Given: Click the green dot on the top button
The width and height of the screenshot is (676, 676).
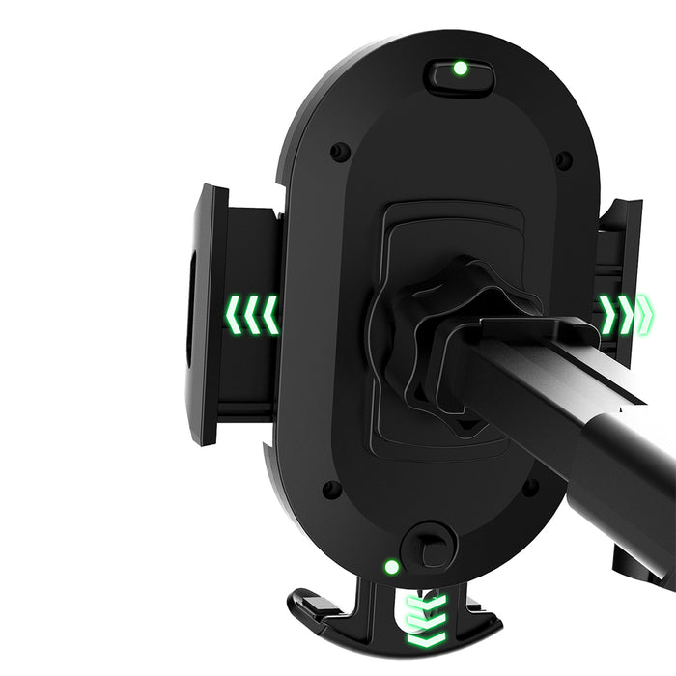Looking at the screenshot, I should coord(461,69).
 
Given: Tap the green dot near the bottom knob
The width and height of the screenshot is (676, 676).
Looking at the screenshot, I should coord(392,567).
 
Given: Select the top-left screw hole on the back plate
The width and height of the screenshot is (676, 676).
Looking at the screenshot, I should coord(340,152).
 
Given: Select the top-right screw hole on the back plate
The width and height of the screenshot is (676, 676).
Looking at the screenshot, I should coord(563,159).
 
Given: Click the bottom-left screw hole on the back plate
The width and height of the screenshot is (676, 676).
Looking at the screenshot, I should coord(331,490).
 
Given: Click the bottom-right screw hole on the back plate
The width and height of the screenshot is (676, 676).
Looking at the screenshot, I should coord(530,488).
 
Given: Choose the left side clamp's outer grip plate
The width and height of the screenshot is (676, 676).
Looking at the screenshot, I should coord(206,314).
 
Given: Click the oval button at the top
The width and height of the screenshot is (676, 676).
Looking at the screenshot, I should coord(461,72).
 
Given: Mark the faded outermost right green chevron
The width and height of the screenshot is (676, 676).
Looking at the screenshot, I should coord(645,311).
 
